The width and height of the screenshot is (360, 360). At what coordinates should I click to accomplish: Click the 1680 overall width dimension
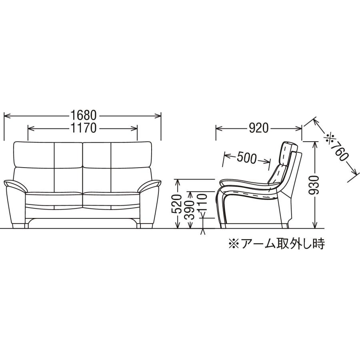(83, 115)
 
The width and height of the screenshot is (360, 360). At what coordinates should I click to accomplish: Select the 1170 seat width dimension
(83, 128)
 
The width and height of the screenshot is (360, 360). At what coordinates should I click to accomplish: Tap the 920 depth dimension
(259, 128)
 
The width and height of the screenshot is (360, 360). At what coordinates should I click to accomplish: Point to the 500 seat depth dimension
(246, 158)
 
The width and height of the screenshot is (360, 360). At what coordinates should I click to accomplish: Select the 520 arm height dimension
(177, 204)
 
